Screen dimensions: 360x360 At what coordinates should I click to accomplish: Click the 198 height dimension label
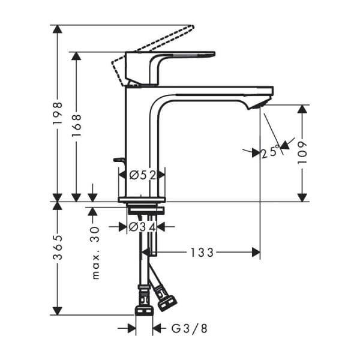[58, 113]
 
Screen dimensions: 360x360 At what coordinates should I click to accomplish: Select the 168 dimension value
[76, 126]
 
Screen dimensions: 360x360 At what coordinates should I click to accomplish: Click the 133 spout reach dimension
[202, 253]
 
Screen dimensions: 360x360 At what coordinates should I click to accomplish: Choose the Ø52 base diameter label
[142, 175]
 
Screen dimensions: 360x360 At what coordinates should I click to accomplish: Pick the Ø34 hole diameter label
[142, 227]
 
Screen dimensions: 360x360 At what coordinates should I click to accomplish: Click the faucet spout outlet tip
[257, 106]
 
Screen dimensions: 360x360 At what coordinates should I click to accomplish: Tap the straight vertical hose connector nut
[144, 304]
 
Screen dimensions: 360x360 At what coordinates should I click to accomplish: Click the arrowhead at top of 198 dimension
[58, 29]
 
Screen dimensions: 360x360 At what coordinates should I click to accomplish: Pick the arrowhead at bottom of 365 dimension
[58, 310]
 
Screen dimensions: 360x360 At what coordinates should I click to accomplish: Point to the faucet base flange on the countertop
[142, 199]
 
